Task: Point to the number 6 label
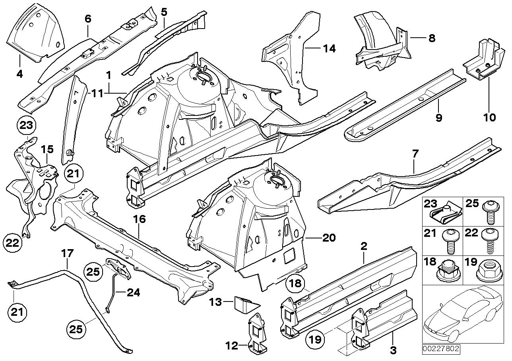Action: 88,18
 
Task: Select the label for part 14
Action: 329,49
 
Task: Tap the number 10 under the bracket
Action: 489,117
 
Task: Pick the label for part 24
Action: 134,293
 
